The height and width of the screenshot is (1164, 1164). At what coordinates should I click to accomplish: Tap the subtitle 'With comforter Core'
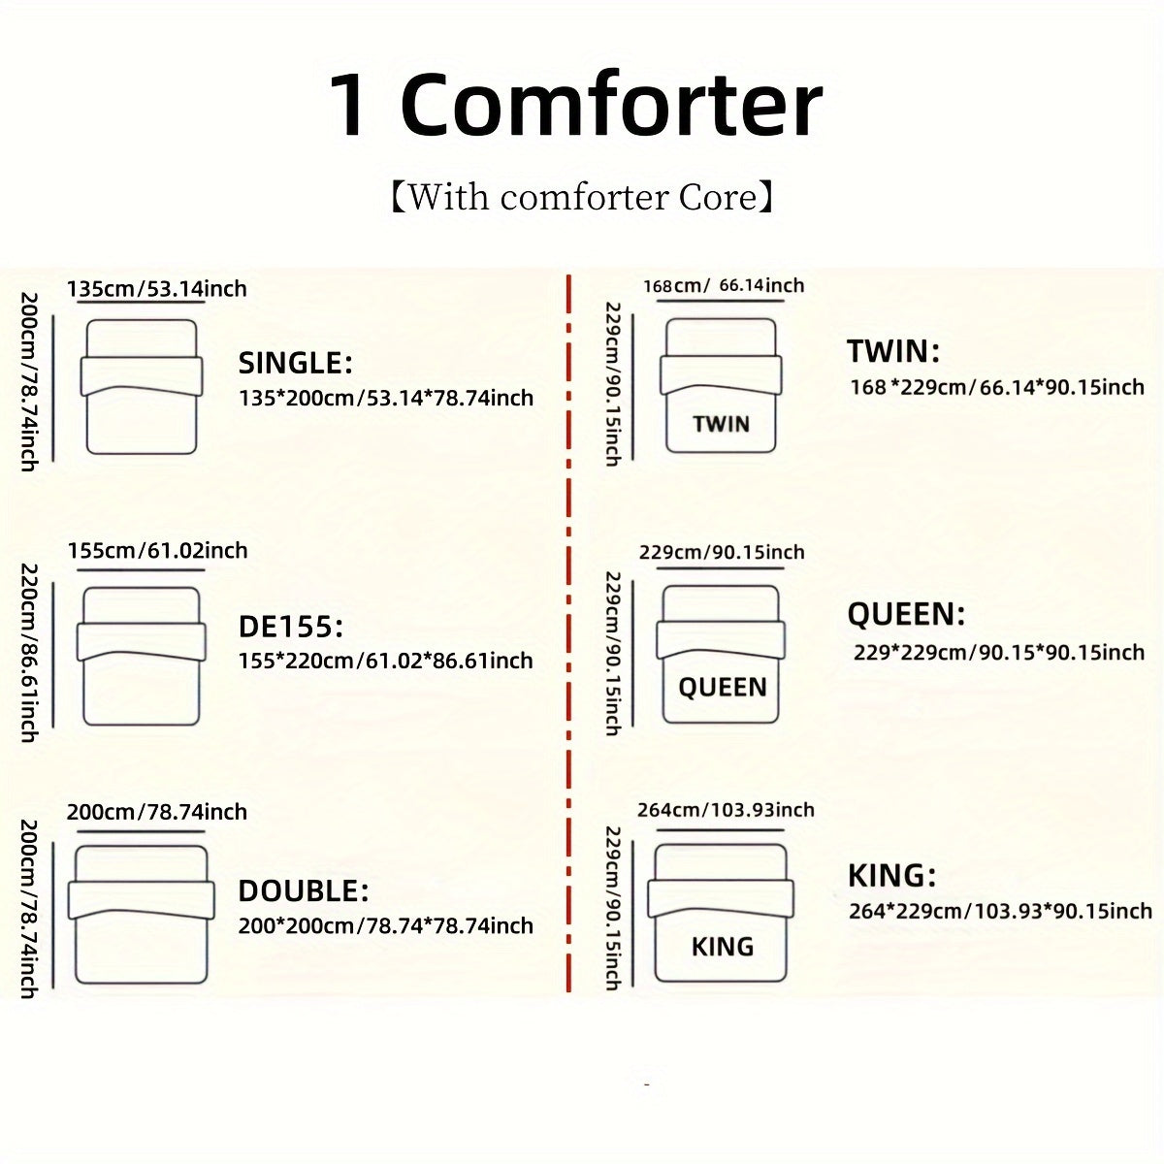point(581,197)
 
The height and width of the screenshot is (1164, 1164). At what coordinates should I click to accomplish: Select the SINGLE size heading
point(296,364)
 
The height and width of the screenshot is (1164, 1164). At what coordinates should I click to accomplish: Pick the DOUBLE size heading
point(304,890)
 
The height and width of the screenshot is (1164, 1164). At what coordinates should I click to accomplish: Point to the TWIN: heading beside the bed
point(892,351)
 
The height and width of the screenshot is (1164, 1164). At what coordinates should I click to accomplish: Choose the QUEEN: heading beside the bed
point(906,614)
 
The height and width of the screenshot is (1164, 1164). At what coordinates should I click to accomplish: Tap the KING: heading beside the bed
point(891,876)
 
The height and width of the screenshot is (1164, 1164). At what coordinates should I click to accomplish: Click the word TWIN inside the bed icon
point(722,424)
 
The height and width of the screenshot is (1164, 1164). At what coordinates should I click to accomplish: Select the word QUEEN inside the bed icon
point(722,688)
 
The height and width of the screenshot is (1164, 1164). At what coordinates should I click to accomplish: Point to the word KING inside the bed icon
point(722,947)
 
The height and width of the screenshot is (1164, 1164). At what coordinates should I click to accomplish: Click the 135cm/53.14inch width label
point(157,288)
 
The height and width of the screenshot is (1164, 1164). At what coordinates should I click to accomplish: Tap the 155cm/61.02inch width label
point(157,550)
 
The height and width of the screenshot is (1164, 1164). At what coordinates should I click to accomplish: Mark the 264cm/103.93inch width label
point(726,810)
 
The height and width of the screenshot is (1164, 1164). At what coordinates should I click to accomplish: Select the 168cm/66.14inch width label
point(724,285)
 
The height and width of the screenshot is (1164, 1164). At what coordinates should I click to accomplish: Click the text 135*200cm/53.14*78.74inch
point(386,398)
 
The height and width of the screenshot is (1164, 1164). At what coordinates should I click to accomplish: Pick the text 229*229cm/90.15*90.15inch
point(999,652)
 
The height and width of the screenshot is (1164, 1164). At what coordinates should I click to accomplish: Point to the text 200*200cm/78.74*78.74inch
point(386,925)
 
